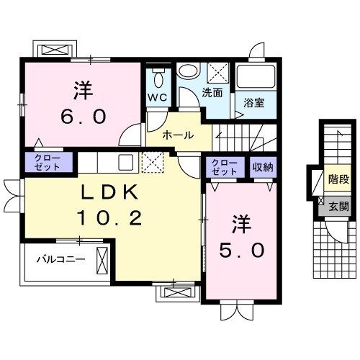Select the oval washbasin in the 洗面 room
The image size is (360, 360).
(188, 72)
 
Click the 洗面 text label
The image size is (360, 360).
(212, 93)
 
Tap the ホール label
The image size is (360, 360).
(176, 135)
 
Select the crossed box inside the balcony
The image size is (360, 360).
(102, 258)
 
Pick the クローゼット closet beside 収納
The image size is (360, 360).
(224, 168)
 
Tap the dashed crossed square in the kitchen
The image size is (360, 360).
(152, 162)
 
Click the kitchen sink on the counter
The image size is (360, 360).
(124, 161)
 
